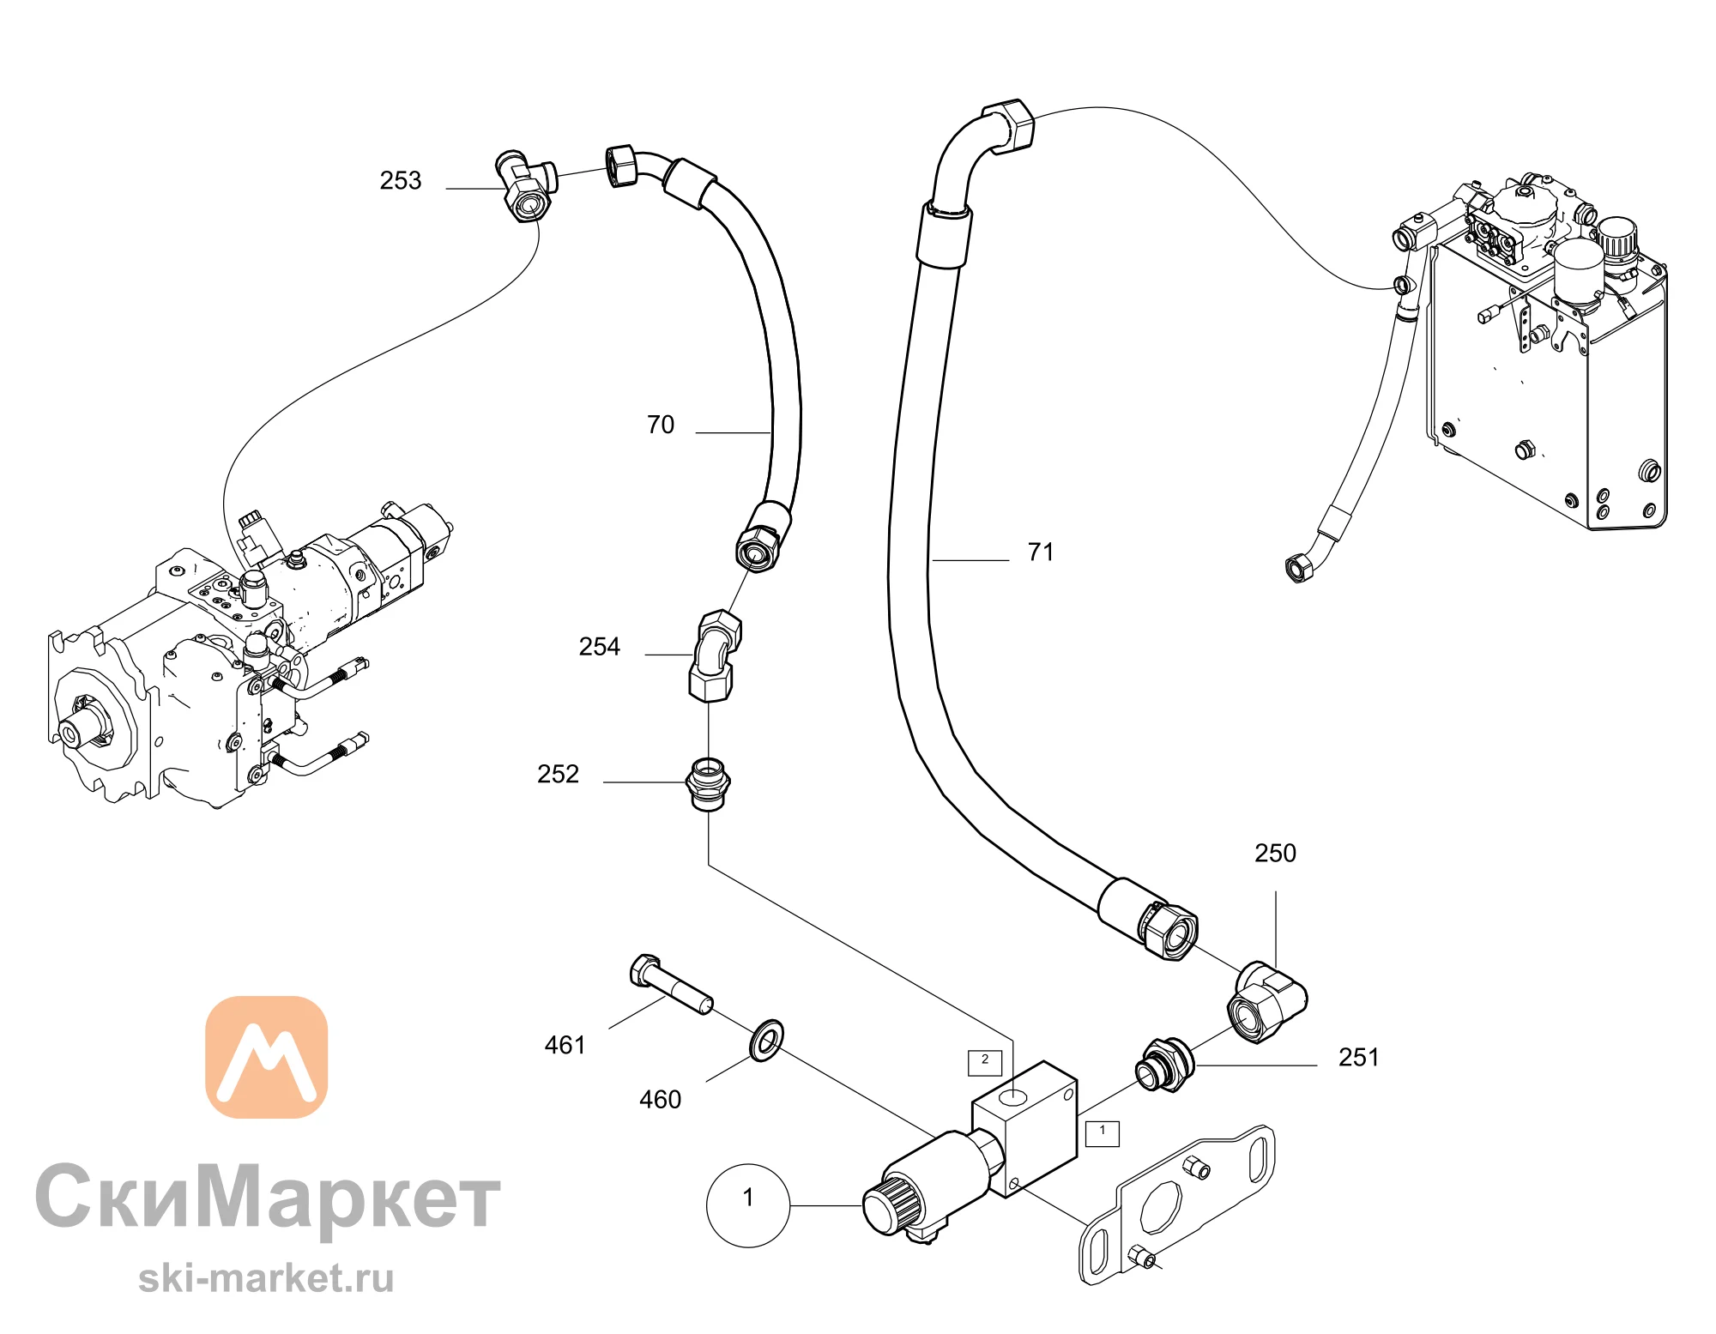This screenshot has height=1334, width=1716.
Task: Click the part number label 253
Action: pos(401,180)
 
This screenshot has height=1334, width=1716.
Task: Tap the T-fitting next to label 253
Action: pos(526,184)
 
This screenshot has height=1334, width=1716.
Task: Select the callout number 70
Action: pos(661,425)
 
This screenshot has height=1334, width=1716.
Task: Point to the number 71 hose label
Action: pos(1041,552)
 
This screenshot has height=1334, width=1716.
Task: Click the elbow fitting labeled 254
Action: pos(716,655)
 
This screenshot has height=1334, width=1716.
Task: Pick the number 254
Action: pos(599,646)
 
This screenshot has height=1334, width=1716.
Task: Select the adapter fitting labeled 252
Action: pos(709,783)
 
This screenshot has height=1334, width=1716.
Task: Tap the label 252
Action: pos(558,774)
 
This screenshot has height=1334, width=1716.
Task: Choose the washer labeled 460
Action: pos(766,1041)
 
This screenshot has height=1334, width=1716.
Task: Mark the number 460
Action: pos(660,1099)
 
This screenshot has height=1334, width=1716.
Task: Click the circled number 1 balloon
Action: pos(747,1204)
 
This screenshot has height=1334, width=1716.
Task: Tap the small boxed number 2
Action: pos(985,1062)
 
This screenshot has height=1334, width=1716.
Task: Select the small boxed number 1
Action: pos(1103,1132)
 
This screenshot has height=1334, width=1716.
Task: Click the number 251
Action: pos(1359,1057)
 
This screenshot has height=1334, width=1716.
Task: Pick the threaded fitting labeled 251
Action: pos(1163,1064)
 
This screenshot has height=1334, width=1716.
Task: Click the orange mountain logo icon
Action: pos(267,1057)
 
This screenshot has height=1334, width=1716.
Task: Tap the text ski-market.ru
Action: pos(266,1278)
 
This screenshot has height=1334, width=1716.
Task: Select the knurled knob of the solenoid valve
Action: pos(891,1205)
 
